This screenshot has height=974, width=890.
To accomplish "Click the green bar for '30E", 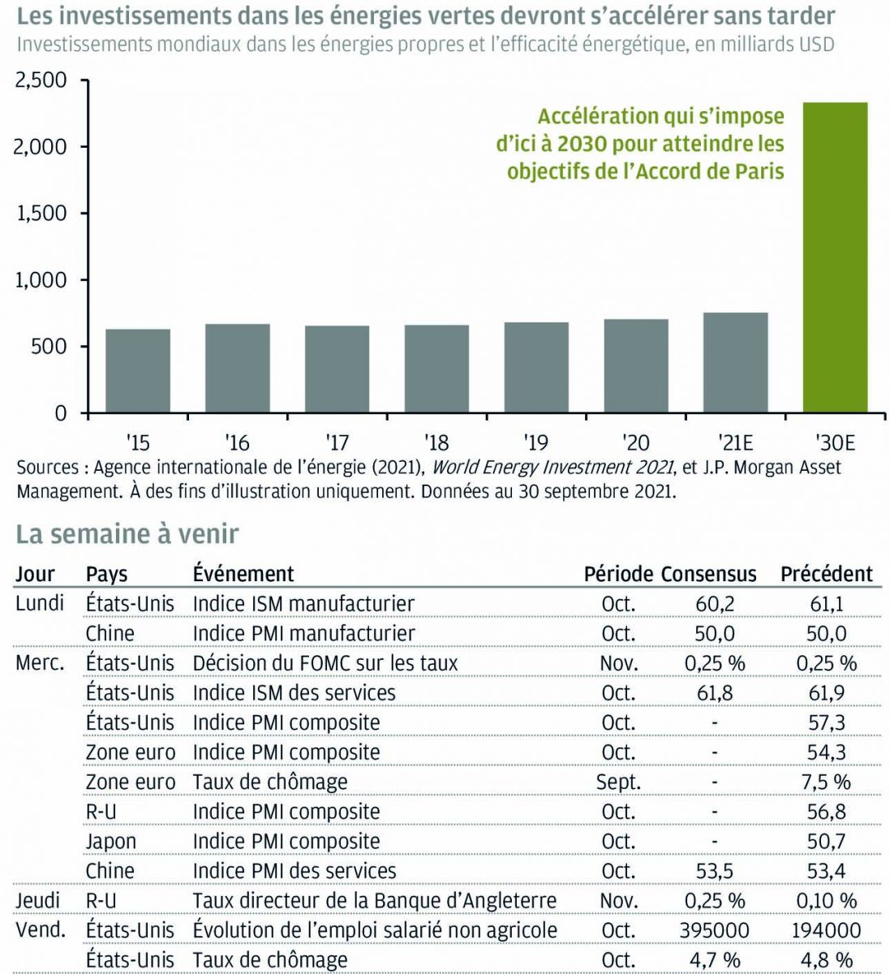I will [x=835, y=257].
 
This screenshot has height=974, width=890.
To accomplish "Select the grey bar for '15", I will [x=138, y=371].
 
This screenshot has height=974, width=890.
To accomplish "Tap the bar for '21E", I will [x=735, y=363].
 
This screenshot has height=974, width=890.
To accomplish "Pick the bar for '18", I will [x=436, y=368].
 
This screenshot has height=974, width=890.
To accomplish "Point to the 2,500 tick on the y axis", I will [x=41, y=80].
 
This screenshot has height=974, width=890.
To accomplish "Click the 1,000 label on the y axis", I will [x=41, y=280].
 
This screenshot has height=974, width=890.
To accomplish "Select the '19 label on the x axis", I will [x=536, y=442].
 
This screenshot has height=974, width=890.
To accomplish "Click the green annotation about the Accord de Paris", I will [x=642, y=144].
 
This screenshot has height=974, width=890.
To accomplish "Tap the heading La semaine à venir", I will [x=127, y=534].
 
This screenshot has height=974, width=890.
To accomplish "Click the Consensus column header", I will [x=708, y=574].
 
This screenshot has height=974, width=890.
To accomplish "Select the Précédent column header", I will [x=826, y=574].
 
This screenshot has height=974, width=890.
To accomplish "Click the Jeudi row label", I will [x=38, y=900].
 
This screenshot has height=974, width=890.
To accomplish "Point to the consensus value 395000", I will [x=715, y=930].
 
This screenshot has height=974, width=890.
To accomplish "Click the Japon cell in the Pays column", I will [x=111, y=841].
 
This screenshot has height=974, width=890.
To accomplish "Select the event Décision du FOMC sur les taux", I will [x=325, y=663].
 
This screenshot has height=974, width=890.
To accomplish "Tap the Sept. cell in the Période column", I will [x=618, y=782].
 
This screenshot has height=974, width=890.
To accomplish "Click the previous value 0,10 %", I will [x=827, y=900].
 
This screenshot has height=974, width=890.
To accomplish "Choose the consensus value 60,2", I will [x=715, y=604].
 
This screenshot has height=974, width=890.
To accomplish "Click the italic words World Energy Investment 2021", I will [x=552, y=468].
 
